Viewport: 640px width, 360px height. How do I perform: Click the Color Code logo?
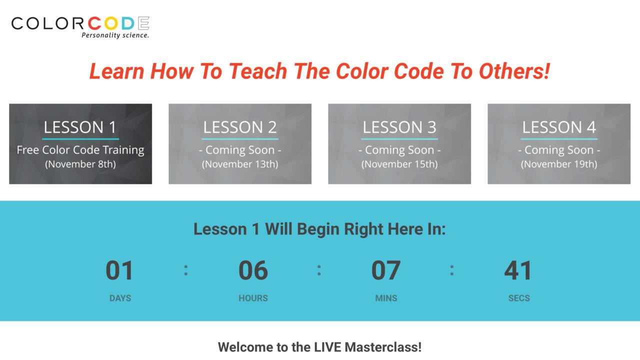click(x=80, y=23)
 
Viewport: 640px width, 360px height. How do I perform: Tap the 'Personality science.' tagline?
click(x=115, y=35)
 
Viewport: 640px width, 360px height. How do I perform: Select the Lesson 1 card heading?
click(x=80, y=127)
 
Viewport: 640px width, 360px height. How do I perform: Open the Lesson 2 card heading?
click(x=240, y=127)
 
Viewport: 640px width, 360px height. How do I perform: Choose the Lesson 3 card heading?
click(x=399, y=127)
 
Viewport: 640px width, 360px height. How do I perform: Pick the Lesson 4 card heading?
click(x=559, y=127)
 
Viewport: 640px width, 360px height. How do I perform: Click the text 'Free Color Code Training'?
click(x=80, y=150)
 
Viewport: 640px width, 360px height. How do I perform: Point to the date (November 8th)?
click(x=80, y=164)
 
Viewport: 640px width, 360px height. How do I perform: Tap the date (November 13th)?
click(x=240, y=164)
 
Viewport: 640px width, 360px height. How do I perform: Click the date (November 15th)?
click(x=399, y=164)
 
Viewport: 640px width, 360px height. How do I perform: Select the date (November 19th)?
click(x=559, y=164)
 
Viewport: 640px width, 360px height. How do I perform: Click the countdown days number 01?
click(x=120, y=270)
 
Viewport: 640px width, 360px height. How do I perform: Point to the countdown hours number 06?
click(x=253, y=270)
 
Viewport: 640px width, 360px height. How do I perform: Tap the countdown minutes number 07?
click(x=386, y=270)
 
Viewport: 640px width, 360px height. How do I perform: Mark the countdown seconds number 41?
click(x=518, y=270)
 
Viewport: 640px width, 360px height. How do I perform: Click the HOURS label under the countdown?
click(x=253, y=298)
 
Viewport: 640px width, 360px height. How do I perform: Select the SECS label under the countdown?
click(x=519, y=298)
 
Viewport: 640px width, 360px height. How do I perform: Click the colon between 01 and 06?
click(x=186, y=270)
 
